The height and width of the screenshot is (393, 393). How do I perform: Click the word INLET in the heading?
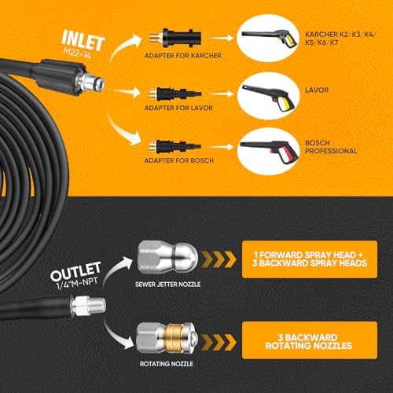click(x=83, y=40)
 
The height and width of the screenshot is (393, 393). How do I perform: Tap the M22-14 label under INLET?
click(x=77, y=53)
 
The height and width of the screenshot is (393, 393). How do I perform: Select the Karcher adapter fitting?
click(x=175, y=38)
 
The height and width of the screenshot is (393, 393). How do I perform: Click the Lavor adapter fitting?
click(x=175, y=94)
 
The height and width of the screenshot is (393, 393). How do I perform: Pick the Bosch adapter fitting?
click(x=174, y=146)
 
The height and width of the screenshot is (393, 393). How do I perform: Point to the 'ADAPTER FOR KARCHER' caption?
click(x=183, y=56)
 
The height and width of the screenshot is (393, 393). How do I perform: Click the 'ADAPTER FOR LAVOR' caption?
click(x=178, y=108)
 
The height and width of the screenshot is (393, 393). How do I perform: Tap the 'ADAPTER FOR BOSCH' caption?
click(x=179, y=160)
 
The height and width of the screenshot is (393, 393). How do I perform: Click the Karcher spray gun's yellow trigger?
click(x=290, y=41)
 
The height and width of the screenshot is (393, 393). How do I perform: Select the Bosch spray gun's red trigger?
click(x=288, y=153)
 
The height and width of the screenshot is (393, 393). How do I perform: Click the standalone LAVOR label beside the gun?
click(x=317, y=90)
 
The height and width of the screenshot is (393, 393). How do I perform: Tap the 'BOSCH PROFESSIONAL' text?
click(x=331, y=147)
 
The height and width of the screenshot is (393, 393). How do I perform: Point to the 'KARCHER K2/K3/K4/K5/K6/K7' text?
click(x=340, y=39)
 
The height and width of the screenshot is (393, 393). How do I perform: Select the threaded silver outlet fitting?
click(x=88, y=306)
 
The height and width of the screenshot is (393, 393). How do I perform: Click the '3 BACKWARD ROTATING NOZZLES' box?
click(x=310, y=340)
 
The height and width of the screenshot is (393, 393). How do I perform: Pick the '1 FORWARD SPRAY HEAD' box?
click(x=310, y=259)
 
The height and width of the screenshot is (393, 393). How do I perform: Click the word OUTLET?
click(x=75, y=271)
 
